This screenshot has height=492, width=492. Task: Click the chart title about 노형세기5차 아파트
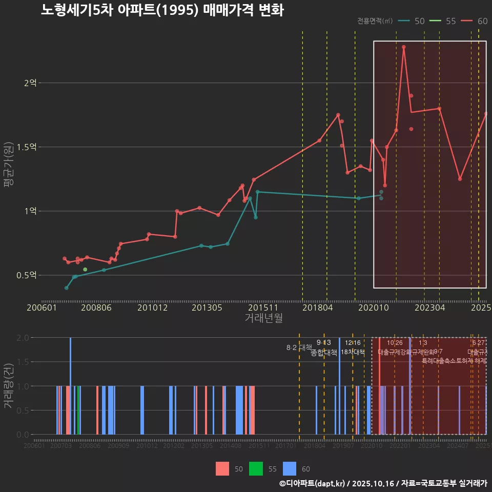(162, 10)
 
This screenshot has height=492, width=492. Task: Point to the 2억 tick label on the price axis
(30, 83)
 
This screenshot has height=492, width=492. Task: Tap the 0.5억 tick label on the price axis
(27, 275)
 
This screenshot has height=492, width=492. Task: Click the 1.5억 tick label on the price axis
(27, 147)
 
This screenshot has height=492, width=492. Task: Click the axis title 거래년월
(263, 318)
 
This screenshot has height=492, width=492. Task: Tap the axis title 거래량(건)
(9, 386)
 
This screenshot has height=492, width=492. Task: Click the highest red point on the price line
(404, 47)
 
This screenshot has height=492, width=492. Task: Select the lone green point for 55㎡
(85, 270)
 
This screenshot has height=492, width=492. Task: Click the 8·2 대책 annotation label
(299, 347)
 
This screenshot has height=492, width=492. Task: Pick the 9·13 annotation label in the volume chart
(323, 342)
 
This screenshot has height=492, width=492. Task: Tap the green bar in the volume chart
(78, 410)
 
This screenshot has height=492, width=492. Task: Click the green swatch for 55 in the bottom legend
(255, 468)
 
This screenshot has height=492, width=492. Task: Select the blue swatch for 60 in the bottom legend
(290, 468)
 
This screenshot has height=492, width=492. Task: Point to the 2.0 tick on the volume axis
(23, 338)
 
